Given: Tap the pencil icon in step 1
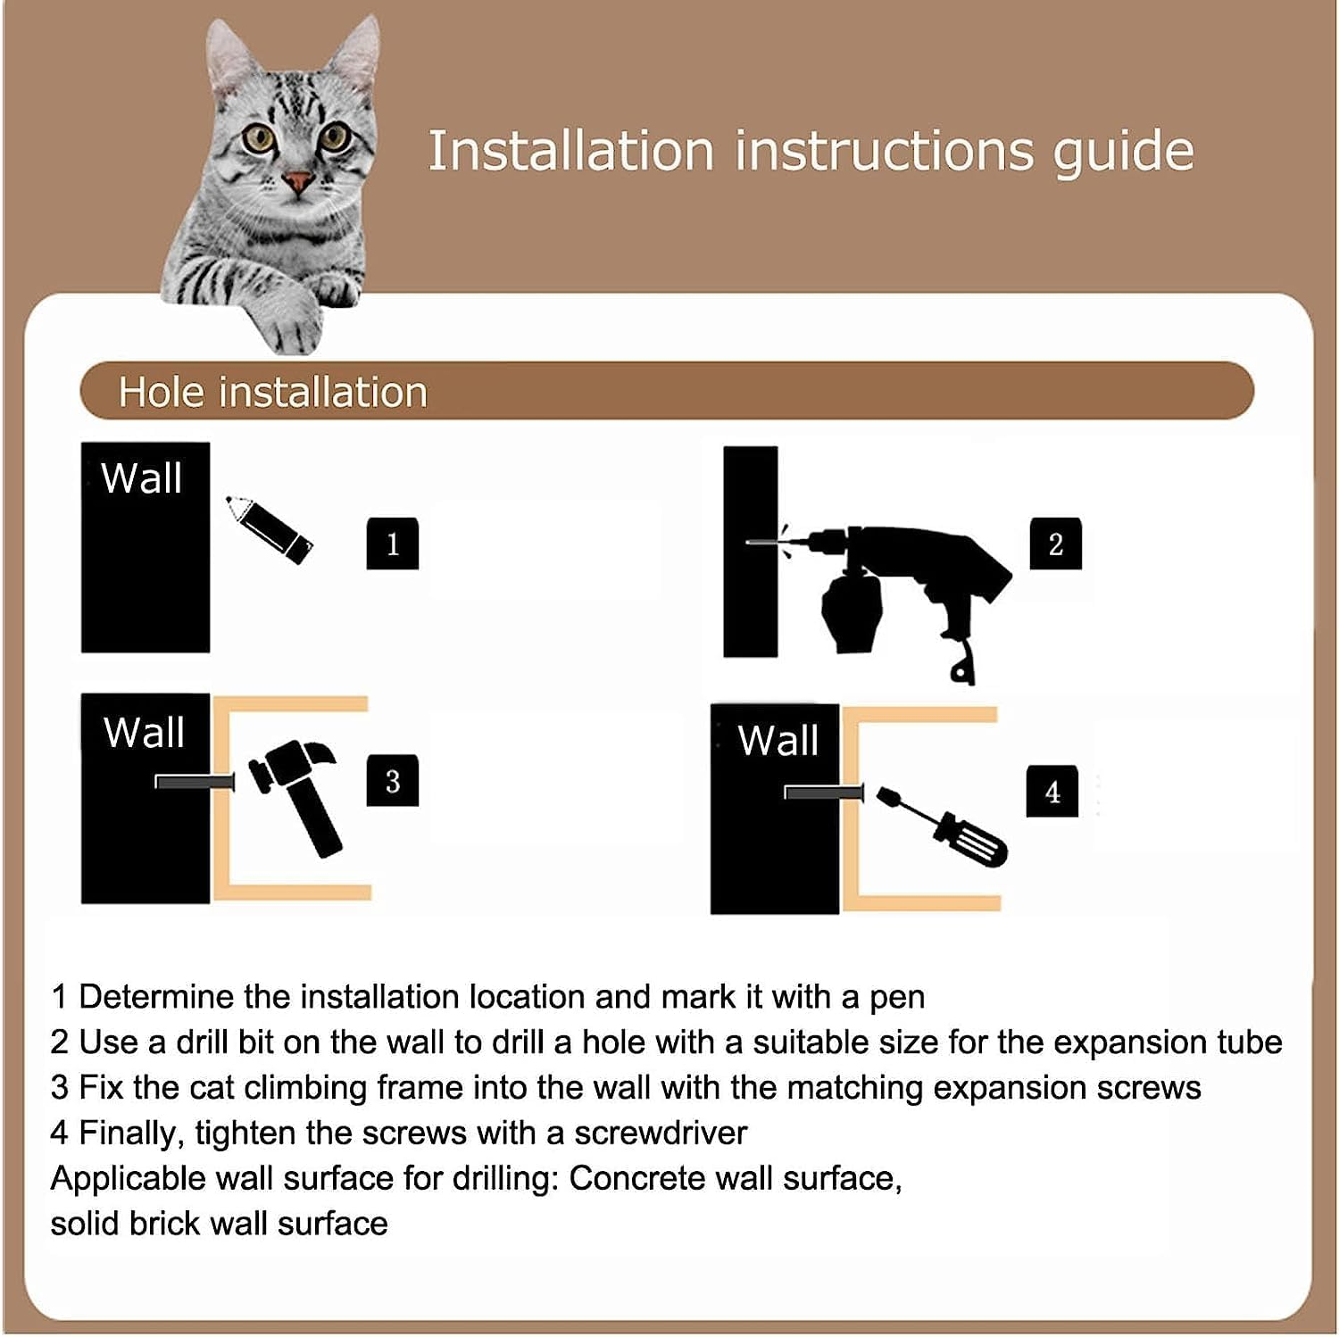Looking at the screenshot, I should point(269,528).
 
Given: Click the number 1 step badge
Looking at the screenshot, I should point(393,544).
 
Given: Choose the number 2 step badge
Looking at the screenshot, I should point(1055,544).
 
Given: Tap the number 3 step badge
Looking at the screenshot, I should point(393,781).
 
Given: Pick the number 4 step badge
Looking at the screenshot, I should point(1052,791).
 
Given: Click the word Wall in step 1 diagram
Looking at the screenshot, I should point(142,478).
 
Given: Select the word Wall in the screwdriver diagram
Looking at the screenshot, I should point(778,741).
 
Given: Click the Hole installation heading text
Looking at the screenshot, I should point(273,393).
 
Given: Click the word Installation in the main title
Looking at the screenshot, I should point(571,151).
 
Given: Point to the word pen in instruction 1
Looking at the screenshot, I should point(897,997).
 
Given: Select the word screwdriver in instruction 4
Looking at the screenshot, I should point(660,1133).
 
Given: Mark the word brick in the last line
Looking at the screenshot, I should point(163,1224).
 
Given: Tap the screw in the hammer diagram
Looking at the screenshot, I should point(194,782).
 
